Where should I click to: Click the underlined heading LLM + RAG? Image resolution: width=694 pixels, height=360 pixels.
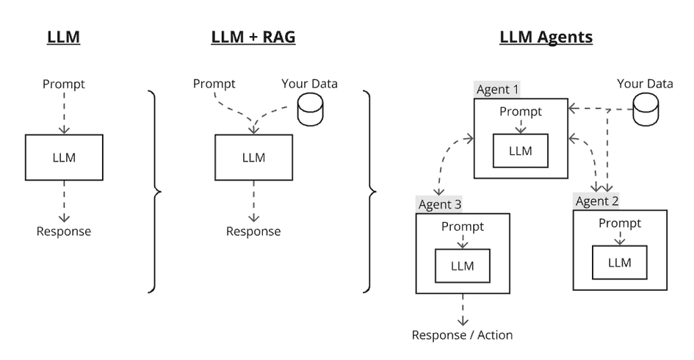pyautogui.click(x=253, y=37)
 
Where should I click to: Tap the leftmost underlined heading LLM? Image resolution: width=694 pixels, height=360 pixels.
pyautogui.click(x=63, y=37)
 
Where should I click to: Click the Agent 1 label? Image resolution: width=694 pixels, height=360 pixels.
pyautogui.click(x=498, y=90)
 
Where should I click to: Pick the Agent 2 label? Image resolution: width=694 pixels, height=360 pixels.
pyautogui.click(x=597, y=201)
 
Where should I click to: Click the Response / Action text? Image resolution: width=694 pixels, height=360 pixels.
pyautogui.click(x=462, y=335)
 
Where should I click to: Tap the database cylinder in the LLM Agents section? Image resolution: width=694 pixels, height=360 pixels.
pyautogui.click(x=645, y=110)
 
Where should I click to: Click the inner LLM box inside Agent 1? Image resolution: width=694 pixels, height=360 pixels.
pyautogui.click(x=521, y=151)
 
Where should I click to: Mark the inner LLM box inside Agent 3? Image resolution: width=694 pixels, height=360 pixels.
pyautogui.click(x=463, y=265)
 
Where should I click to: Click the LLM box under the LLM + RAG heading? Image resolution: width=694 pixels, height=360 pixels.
pyautogui.click(x=253, y=157)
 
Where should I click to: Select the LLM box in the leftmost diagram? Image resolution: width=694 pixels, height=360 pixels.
pyautogui.click(x=64, y=157)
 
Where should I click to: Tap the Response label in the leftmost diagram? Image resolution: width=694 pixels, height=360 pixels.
pyautogui.click(x=64, y=231)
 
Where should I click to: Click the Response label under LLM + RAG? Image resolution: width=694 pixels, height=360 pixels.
pyautogui.click(x=253, y=231)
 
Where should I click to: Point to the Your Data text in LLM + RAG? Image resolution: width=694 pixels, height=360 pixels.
pyautogui.click(x=309, y=83)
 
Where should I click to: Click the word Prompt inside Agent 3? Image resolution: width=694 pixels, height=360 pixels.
pyautogui.click(x=463, y=226)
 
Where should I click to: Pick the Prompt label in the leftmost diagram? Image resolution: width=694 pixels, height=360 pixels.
pyautogui.click(x=64, y=84)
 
